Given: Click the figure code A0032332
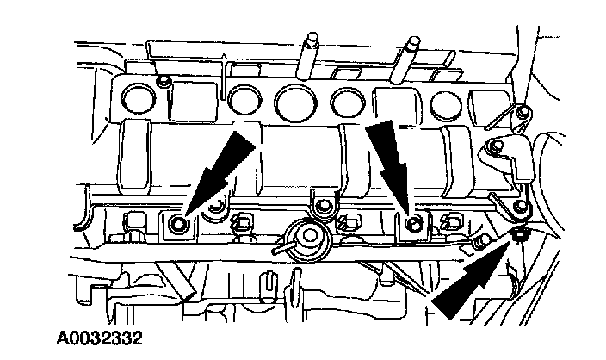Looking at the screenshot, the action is [100, 338].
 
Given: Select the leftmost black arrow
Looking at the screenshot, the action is [219, 174].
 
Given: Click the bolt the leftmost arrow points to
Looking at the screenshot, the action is [178, 224].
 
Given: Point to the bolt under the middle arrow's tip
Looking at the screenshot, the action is [414, 225].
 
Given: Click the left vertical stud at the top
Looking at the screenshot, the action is [308, 56].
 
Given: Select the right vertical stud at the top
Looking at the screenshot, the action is [405, 59].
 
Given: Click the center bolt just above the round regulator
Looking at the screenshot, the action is [323, 207].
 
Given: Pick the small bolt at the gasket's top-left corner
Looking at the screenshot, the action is [164, 81].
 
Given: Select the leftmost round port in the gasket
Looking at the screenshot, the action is [139, 99].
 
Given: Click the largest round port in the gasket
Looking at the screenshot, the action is [295, 102].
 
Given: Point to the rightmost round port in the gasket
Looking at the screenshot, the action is [446, 104].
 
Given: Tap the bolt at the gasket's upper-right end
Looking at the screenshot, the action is [523, 112].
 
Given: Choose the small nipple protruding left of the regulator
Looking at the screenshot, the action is [278, 250].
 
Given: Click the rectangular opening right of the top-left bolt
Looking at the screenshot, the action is [193, 101].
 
